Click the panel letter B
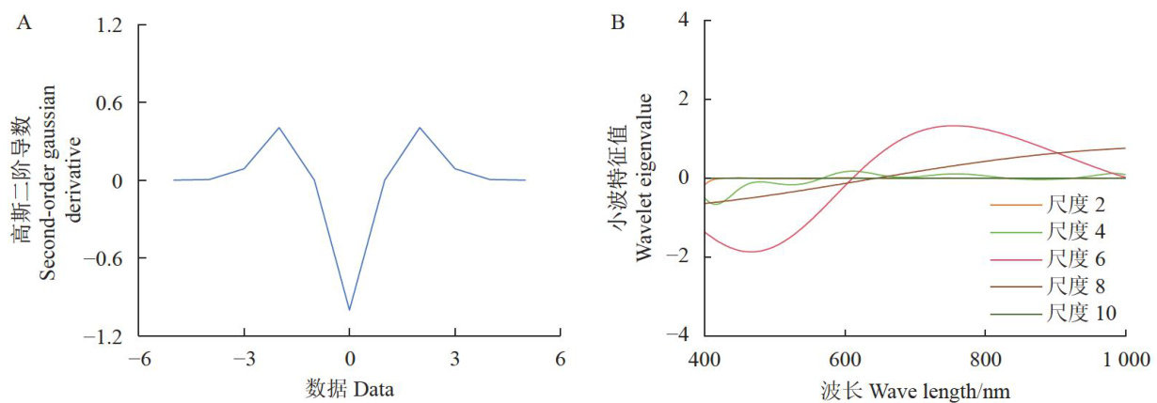pos(618,21)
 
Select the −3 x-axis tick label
pos(243,358)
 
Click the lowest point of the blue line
pos(350,309)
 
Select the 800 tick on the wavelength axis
pos(984,358)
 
